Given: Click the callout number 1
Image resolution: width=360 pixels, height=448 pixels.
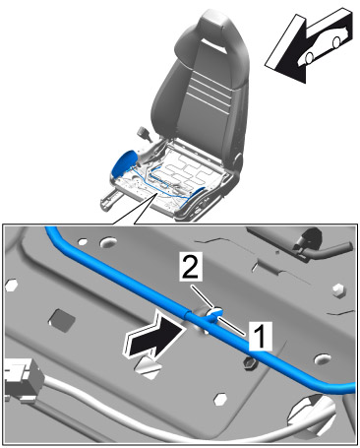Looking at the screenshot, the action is click(x=261, y=336).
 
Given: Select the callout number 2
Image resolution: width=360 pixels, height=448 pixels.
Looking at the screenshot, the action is click(x=190, y=267).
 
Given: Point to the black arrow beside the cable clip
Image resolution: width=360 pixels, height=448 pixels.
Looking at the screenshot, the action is click(x=152, y=335).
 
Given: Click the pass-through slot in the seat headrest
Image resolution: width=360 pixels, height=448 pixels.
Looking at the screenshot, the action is click(x=214, y=45).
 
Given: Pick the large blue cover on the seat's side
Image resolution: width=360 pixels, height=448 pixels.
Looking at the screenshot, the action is click(x=124, y=164).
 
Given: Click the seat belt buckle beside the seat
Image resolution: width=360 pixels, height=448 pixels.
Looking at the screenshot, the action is click(x=145, y=134).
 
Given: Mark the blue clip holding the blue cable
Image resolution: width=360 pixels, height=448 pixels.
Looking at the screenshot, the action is click(x=213, y=315).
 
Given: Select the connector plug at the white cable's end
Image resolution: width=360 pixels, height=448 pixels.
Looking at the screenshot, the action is click(x=23, y=380).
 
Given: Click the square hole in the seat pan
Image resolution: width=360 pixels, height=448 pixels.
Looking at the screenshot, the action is click(x=62, y=318).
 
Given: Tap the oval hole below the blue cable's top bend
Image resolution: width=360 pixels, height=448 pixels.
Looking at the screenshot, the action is click(x=108, y=242).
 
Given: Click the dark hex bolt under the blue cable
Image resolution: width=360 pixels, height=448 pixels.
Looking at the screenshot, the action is click(x=250, y=363).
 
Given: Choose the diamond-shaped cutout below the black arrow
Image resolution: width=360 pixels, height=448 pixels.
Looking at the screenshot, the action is click(x=149, y=368).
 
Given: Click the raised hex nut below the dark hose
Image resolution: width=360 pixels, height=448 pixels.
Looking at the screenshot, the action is click(x=339, y=289).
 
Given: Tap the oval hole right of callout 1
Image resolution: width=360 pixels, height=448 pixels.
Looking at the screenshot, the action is click(x=323, y=359).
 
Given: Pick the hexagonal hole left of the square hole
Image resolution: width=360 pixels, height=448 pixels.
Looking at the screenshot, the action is click(x=12, y=285).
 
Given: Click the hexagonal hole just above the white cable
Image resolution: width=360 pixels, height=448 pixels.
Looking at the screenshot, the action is click(x=220, y=399).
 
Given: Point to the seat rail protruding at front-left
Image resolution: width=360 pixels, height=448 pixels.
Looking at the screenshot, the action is click(x=111, y=199).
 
